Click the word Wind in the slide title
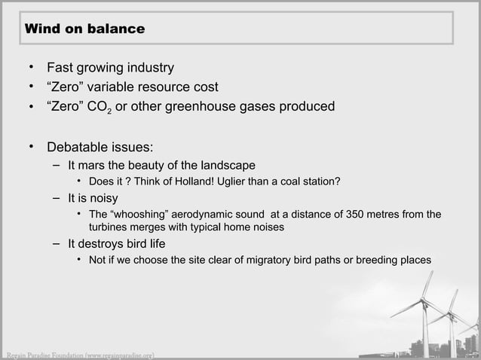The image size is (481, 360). click(x=41, y=29)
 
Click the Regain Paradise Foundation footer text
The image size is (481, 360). click(x=78, y=354)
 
